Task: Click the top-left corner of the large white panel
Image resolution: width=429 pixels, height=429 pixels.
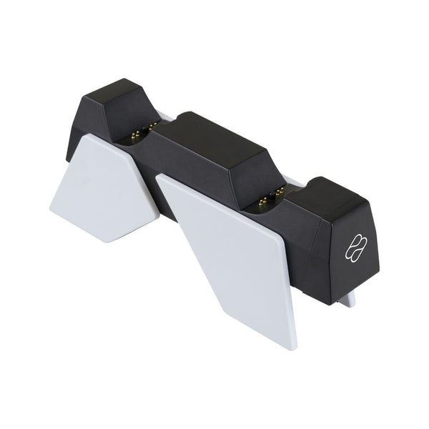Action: pyautogui.click(x=158, y=177)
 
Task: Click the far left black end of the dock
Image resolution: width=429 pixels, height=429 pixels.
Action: pyautogui.click(x=72, y=136)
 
